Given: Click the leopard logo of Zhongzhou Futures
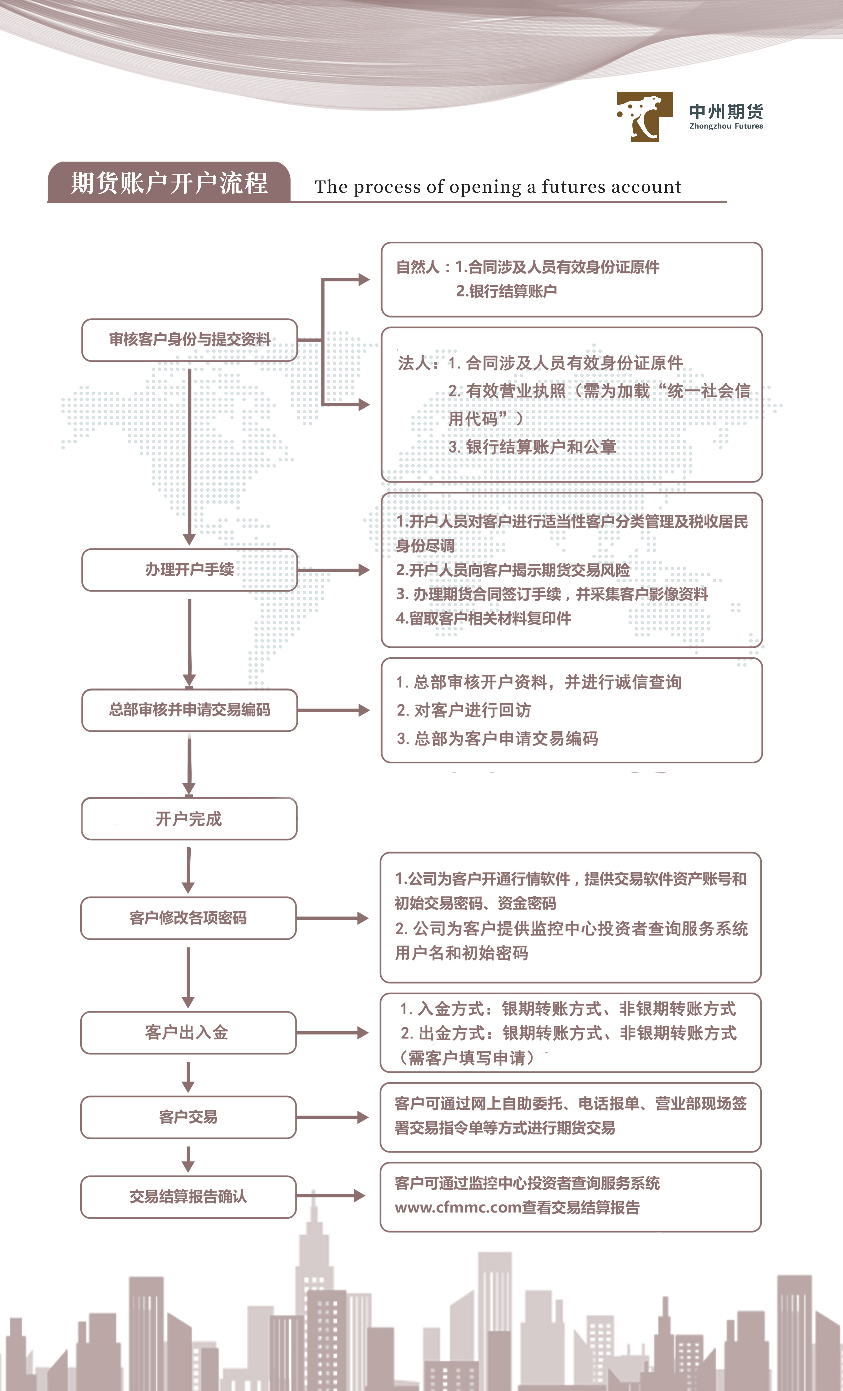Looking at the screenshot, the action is pos(644,116).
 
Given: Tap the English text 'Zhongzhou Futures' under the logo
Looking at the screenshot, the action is pos(726,126).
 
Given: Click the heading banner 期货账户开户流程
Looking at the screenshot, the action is pos(169,182).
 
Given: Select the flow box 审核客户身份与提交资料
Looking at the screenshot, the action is pos(190,340).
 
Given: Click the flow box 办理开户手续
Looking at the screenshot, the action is pos(190,570).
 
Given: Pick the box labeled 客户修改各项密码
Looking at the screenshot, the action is pos(189,918).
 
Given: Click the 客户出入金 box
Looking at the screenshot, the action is pos(189,1032).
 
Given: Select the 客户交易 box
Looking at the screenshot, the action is pos(189,1117).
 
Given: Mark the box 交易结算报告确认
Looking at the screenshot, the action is pos(189,1197).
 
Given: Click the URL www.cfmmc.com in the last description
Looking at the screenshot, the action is pos(458,1208).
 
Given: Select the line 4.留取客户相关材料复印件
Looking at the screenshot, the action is pos(483,619).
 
